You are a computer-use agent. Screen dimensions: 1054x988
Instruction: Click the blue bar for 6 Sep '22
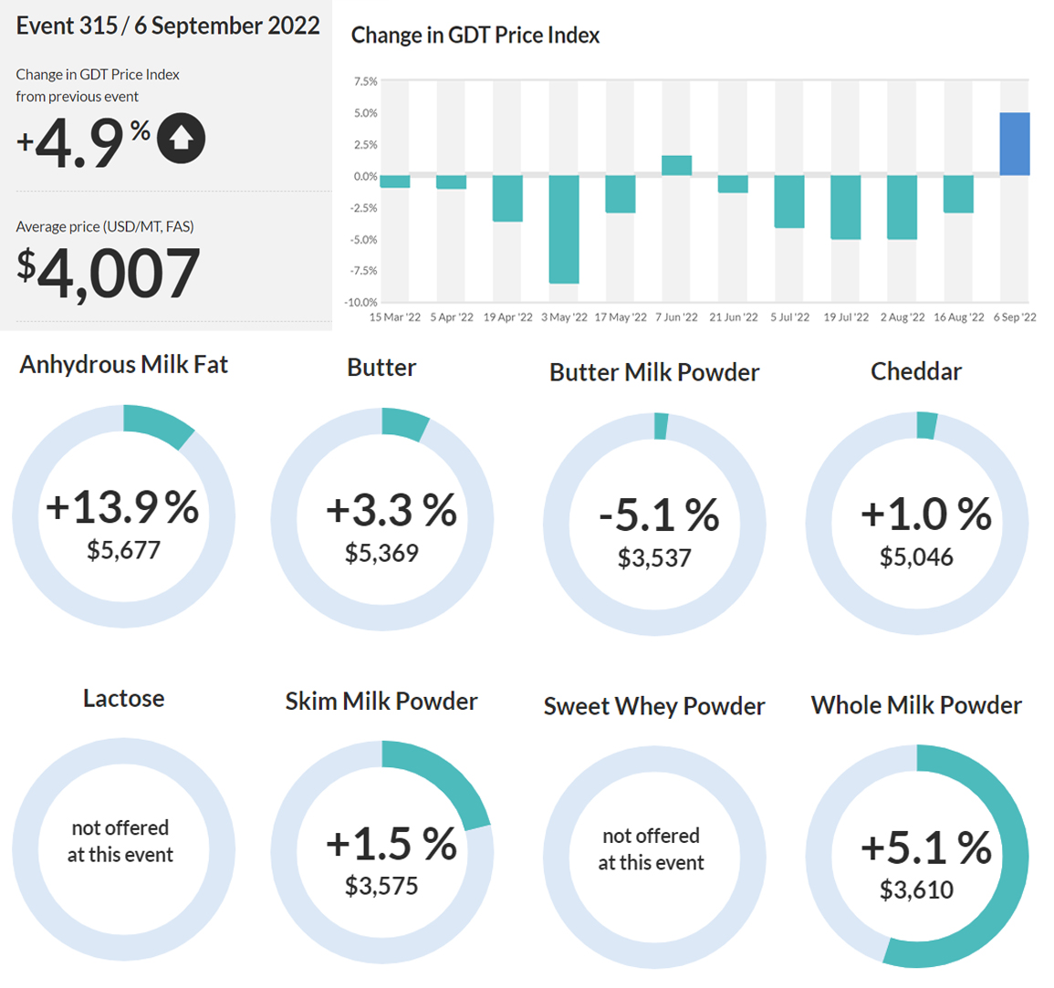pos(1015,144)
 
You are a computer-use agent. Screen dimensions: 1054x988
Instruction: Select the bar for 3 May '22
pos(564,229)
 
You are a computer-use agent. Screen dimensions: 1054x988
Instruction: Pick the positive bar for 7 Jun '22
pos(676,165)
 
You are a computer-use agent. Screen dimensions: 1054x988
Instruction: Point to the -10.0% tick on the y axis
pos(361,303)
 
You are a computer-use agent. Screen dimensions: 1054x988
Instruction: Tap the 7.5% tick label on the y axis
pos(366,81)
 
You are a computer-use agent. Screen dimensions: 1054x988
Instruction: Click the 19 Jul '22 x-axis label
pos(846,317)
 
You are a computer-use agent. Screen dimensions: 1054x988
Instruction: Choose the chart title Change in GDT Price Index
pos(475,35)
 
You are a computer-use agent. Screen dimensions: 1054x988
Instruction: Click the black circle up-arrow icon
pos(181,139)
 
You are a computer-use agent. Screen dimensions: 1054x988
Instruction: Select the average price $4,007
pos(109,273)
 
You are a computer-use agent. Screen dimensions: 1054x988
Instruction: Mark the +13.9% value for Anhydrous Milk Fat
pos(122,506)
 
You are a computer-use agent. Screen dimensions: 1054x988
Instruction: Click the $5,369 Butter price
pos(381,553)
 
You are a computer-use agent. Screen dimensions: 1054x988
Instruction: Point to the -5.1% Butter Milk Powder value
pos(659,515)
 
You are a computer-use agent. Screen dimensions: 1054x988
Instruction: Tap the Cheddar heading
pos(916,371)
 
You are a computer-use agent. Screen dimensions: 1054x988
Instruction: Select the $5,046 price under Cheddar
pos(916,557)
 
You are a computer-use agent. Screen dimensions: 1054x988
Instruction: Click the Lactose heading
pos(124,698)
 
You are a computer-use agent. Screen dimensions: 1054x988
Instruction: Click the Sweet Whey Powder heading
pos(654,706)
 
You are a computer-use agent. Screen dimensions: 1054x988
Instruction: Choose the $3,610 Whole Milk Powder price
pos(916,889)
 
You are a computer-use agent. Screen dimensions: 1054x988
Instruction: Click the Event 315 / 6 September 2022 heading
pos(168,26)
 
